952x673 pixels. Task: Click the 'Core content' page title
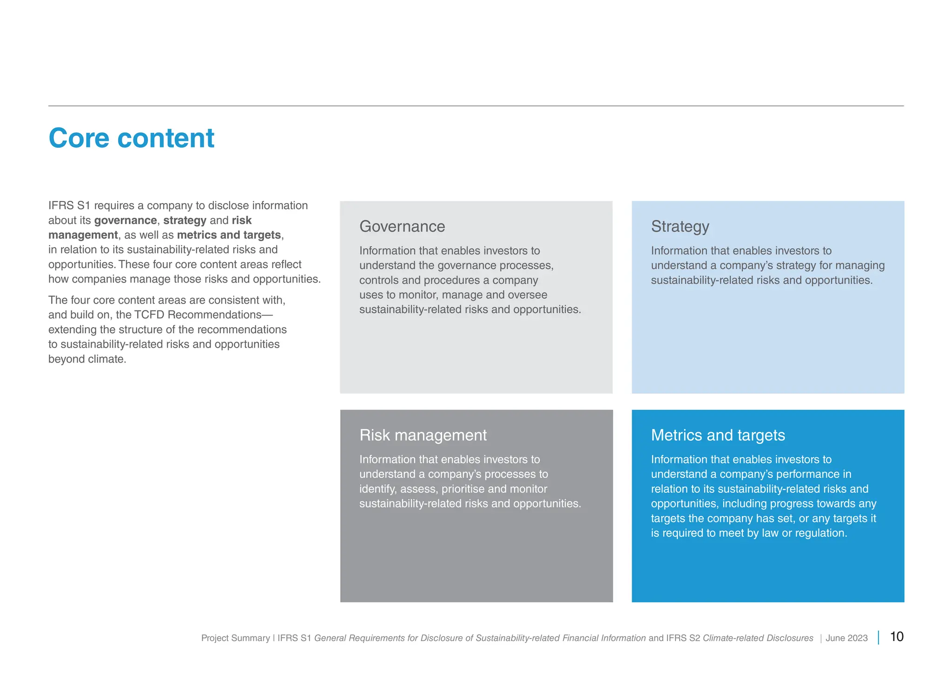tap(131, 138)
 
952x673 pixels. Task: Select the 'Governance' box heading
tap(402, 226)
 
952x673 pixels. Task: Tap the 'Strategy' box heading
tap(680, 226)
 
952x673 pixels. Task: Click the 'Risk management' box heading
tap(423, 435)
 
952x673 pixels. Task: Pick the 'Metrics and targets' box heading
tap(717, 435)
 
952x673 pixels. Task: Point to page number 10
tap(896, 637)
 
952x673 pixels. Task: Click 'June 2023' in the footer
tap(846, 638)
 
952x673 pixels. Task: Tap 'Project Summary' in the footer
tap(235, 638)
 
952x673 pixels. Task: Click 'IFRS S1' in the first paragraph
tap(69, 205)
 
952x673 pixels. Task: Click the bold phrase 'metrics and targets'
tap(229, 235)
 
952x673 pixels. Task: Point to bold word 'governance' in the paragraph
tap(125, 220)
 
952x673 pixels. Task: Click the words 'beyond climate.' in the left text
tap(87, 359)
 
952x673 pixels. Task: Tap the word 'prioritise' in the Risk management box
tap(463, 489)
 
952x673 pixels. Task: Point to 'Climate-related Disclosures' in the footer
tap(758, 638)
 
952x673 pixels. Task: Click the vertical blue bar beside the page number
tap(878, 637)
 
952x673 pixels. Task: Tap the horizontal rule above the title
tap(476, 106)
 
